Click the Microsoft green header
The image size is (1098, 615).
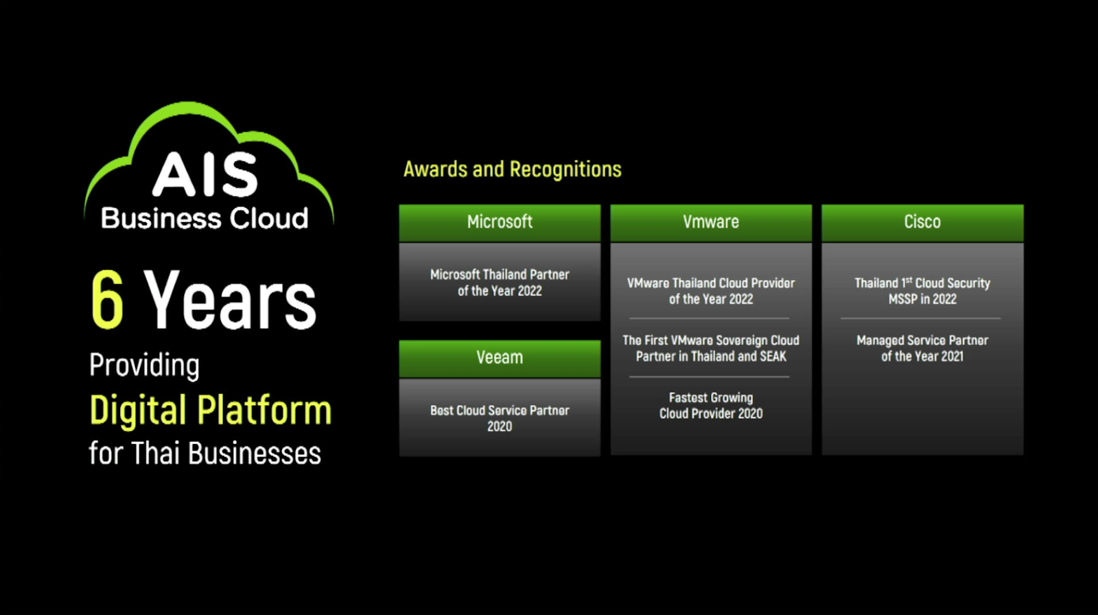(500, 222)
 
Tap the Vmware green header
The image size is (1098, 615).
(711, 222)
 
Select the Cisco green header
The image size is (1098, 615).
(922, 222)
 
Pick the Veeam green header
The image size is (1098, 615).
(500, 358)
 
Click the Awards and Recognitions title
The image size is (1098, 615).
(512, 170)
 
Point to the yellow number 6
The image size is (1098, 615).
(108, 300)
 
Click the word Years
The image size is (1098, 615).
(231, 300)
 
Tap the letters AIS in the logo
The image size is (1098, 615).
(205, 175)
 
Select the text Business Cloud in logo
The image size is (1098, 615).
(205, 218)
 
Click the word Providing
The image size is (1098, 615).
(144, 365)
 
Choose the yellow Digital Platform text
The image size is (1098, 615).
(211, 410)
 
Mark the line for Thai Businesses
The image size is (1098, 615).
(205, 454)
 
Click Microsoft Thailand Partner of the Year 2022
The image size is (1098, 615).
(500, 282)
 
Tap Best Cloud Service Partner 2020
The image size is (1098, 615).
(500, 418)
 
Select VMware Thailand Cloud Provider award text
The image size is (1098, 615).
(711, 291)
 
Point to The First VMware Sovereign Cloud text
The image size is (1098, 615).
(711, 348)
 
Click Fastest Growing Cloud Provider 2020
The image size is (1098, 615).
(711, 405)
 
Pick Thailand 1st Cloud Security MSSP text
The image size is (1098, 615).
(922, 291)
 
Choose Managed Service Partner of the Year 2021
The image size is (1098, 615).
(922, 348)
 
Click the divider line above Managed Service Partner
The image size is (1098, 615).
(921, 318)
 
